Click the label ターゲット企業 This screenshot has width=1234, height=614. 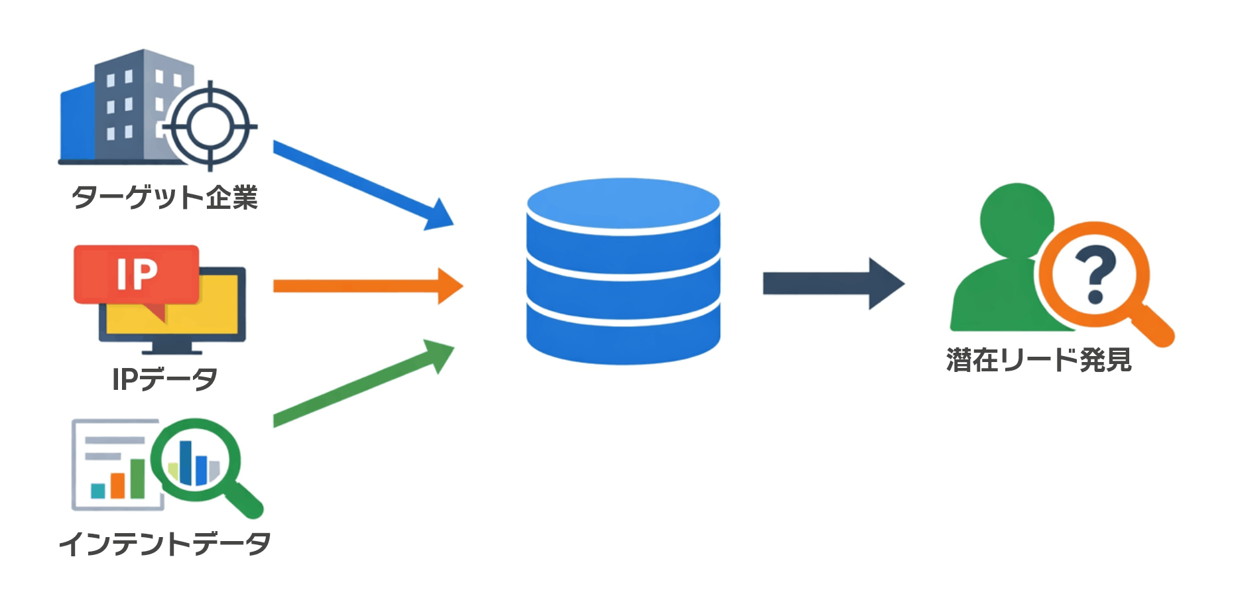[164, 198]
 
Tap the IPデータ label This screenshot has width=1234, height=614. [164, 379]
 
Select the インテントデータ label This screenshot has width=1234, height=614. [164, 544]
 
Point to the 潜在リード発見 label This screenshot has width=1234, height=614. [1038, 360]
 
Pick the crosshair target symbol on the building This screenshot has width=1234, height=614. [210, 125]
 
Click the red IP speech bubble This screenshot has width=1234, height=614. [137, 274]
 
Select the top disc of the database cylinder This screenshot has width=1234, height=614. [623, 202]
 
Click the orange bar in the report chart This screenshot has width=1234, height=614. [118, 485]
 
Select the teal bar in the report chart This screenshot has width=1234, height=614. [98, 491]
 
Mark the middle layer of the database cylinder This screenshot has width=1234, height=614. [623, 292]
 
